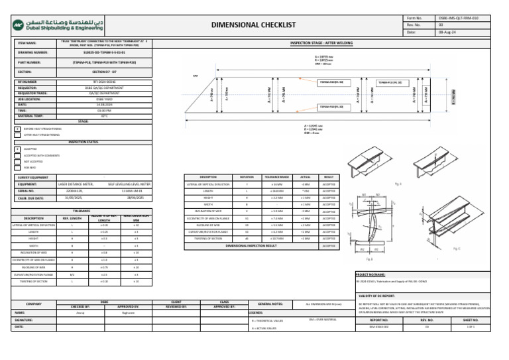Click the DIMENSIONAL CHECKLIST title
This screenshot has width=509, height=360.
[253, 25]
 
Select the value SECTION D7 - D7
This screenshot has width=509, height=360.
[104, 72]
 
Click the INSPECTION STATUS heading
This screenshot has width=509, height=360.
[84, 142]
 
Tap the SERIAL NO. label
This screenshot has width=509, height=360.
[32, 190]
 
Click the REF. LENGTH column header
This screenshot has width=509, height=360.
[72, 217]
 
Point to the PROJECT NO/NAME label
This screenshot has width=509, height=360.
[371, 274]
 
